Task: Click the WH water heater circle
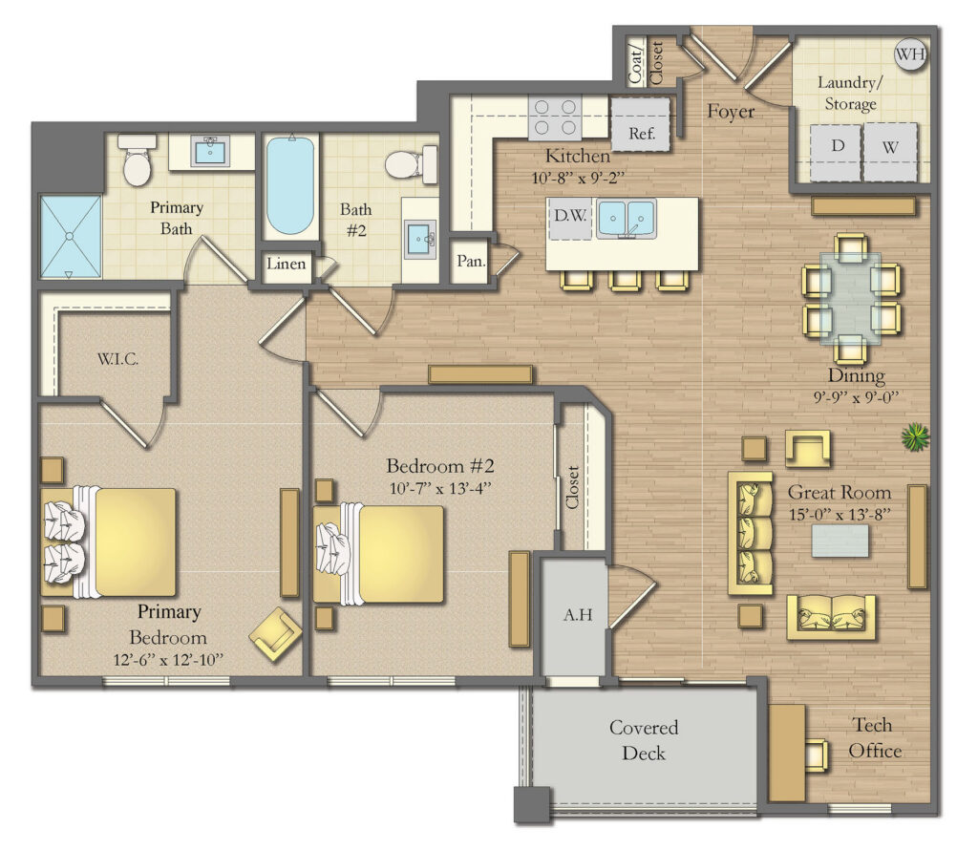coord(911,54)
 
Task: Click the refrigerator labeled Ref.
coord(641,133)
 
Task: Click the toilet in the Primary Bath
coord(138,161)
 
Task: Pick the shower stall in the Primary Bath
coord(70,237)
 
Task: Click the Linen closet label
coord(287,265)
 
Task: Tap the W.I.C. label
coord(118,359)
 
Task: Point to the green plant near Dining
coord(915,438)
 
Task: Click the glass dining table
coord(851,297)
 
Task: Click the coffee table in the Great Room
coord(840,541)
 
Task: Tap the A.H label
coord(579,615)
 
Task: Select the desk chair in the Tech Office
coord(816,754)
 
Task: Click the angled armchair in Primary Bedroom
coord(275,633)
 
